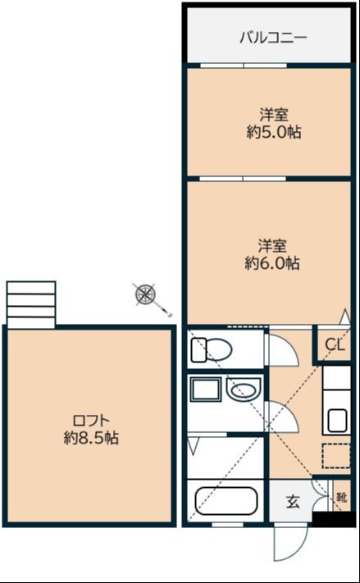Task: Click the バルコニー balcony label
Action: pos(273,38)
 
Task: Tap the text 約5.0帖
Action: pos(274,132)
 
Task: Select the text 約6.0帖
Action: pos(272,263)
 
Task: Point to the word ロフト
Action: pos(91,421)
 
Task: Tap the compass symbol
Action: pos(145,294)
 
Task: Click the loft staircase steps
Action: pos(31,305)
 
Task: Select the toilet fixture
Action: pos(212,349)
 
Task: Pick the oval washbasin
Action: pos(244,390)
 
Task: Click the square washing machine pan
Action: pos(206,389)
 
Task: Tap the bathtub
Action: pos(226,501)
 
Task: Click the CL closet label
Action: pos(336,345)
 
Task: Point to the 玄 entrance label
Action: pos(293,502)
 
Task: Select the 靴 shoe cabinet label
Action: pos(342,497)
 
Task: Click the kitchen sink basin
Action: pos(337,420)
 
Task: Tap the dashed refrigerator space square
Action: pos(336,455)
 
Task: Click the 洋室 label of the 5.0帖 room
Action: pos(274,115)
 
